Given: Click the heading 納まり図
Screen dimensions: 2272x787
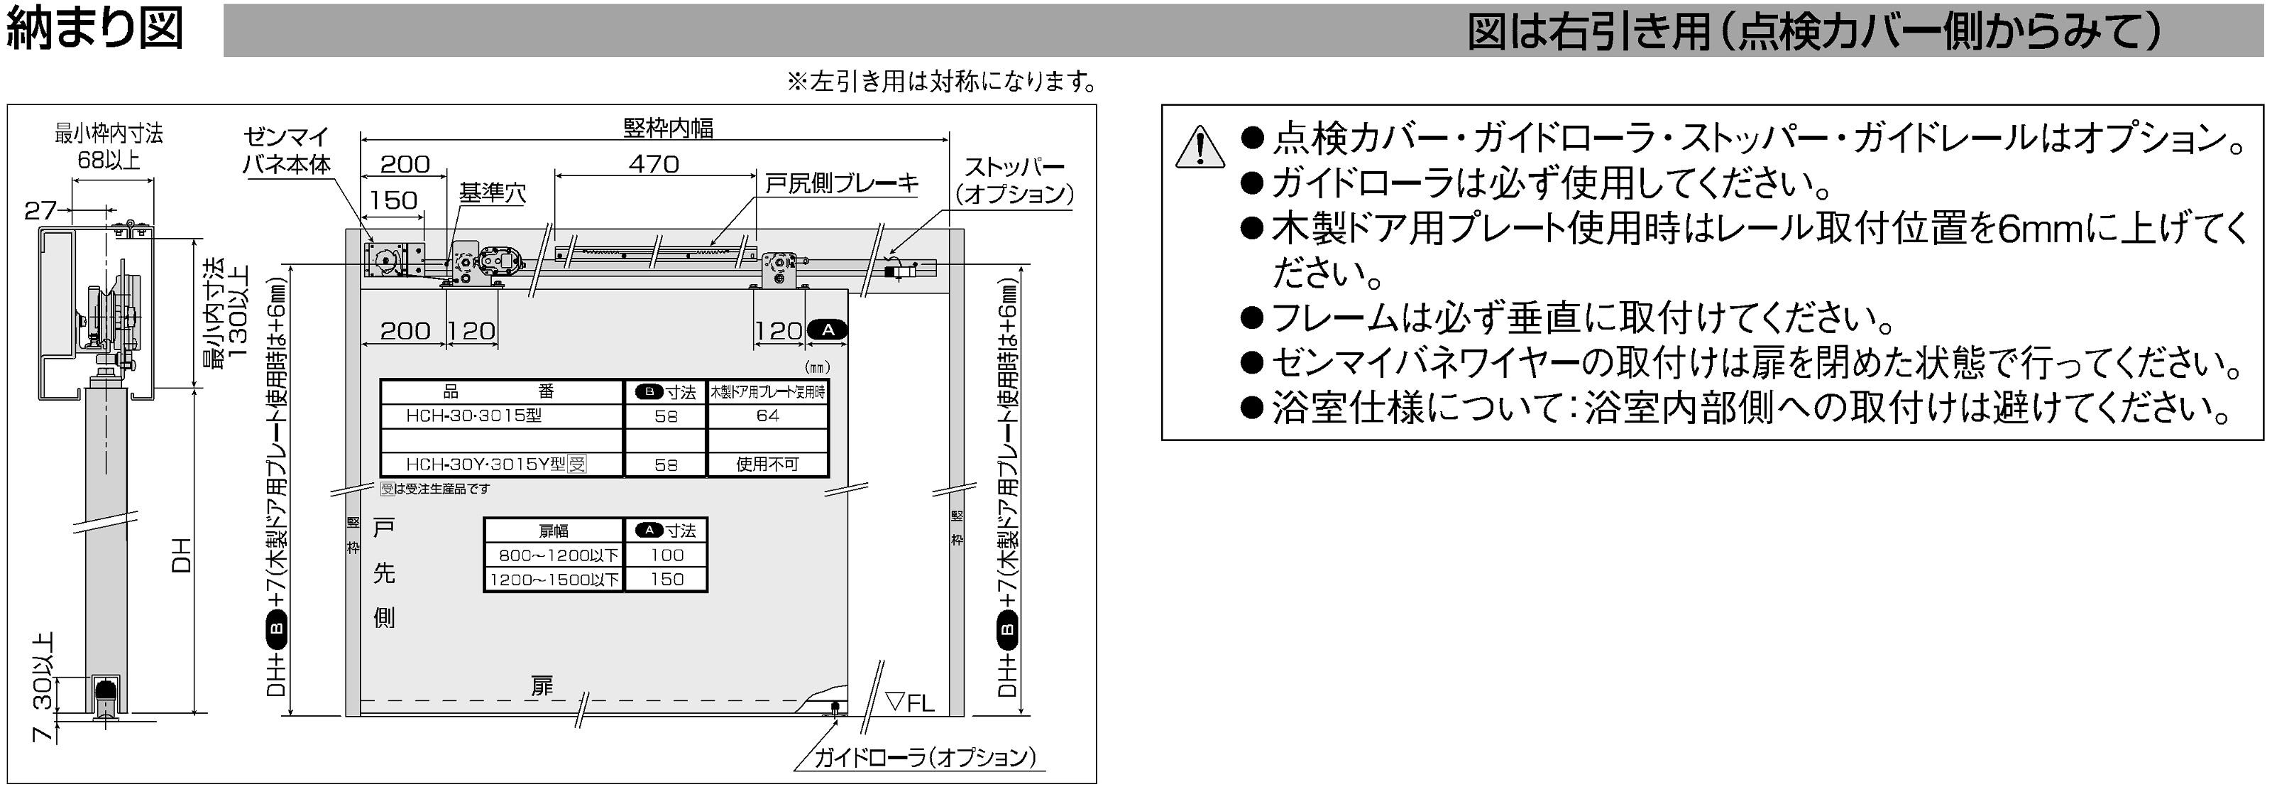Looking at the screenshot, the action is [95, 28].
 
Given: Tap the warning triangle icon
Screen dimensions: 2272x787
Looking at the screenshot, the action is [1200, 146].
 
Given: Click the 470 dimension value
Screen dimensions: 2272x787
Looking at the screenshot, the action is [654, 164].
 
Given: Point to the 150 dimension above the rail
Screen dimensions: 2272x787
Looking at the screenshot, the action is [393, 200].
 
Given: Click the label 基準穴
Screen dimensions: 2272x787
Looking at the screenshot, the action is [492, 193].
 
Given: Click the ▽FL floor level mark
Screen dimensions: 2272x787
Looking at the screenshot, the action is [909, 702].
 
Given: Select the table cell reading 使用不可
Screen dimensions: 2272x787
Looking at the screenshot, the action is [767, 464].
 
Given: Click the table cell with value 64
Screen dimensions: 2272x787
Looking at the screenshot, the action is [767, 416].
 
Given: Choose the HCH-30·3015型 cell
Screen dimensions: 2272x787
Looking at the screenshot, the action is [475, 416].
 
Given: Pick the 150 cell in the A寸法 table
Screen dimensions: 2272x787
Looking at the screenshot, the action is [666, 579].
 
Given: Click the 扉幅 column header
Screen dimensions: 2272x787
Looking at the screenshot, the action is [554, 531].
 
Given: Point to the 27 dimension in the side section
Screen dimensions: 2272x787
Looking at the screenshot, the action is [40, 211].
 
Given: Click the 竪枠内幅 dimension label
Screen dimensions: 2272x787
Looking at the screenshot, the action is [668, 128].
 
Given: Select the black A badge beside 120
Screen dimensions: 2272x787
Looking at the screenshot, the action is [828, 330].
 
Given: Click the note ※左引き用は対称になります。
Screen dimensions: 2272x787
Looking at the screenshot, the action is [942, 82].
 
